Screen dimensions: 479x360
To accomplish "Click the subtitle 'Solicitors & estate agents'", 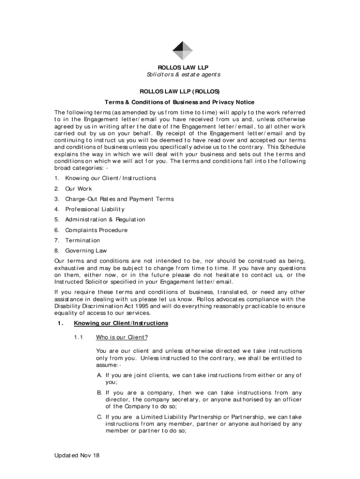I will (x=182, y=75).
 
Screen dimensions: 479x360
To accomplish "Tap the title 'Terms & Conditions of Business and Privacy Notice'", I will (x=180, y=102).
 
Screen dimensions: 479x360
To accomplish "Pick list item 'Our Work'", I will (x=79, y=189).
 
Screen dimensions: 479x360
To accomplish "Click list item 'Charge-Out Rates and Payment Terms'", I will (x=119, y=199).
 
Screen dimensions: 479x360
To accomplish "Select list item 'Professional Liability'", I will (x=95, y=210).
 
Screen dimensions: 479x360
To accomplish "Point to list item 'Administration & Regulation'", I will (x=105, y=220).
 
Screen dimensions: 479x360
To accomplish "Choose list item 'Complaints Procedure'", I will (x=96, y=230).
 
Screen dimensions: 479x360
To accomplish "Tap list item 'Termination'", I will (x=82, y=240).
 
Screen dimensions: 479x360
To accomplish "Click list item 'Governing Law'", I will (x=86, y=251).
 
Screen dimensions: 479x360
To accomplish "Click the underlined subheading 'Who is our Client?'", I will (x=122, y=337).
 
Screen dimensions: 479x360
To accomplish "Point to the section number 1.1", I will (x=78, y=337).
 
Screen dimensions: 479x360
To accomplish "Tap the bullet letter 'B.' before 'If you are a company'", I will (x=100, y=393).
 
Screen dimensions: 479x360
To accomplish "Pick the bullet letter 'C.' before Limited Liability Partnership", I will (x=100, y=417).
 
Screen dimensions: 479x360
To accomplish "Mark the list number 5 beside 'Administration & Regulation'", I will (x=56, y=220).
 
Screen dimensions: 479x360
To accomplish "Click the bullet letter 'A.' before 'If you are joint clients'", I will (x=100, y=375).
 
